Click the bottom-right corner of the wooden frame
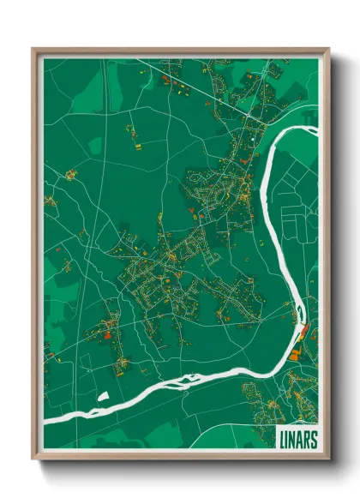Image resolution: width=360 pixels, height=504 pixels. tap(328, 459)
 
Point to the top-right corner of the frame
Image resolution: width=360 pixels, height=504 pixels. tap(328, 50)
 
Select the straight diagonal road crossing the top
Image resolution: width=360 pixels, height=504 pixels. tap(206, 86)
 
